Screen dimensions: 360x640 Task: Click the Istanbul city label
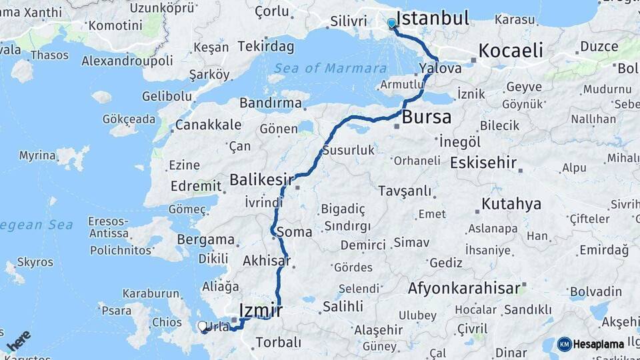pos(433,18)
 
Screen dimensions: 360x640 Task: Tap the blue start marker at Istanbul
pos(391,23)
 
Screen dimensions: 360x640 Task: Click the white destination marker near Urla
pos(203,326)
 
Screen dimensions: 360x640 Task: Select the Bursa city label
pos(427,117)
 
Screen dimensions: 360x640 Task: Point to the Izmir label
pos(261,311)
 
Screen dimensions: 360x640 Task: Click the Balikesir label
pos(261,179)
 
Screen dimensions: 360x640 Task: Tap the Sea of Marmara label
pos(330,68)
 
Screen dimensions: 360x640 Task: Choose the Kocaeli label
pos(511,51)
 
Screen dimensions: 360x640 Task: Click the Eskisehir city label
pos(484,163)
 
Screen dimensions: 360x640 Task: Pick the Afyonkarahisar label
pos(463,288)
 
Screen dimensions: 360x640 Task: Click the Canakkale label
pos(208,125)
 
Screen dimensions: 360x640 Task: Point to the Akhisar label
pos(267,261)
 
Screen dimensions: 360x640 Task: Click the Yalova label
pos(441,69)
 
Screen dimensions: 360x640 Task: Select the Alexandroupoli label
pos(127,61)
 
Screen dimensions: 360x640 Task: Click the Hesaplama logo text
pos(599,344)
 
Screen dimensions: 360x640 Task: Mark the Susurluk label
pos(349,150)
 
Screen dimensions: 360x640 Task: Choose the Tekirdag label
pos(266,46)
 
